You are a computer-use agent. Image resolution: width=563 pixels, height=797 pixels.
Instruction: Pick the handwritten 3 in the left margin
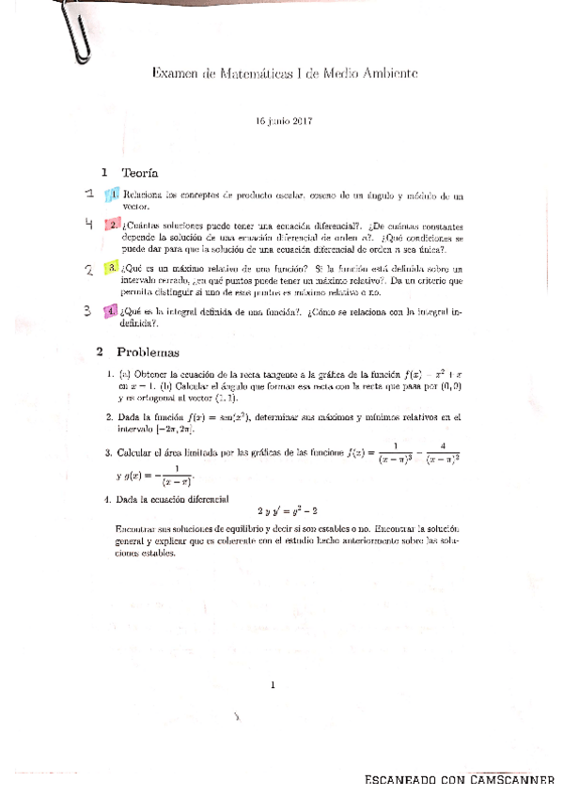(86, 310)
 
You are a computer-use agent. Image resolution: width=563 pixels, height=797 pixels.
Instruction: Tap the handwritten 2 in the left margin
(87, 270)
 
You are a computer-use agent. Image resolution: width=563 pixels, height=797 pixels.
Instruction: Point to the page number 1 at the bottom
(272, 685)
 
